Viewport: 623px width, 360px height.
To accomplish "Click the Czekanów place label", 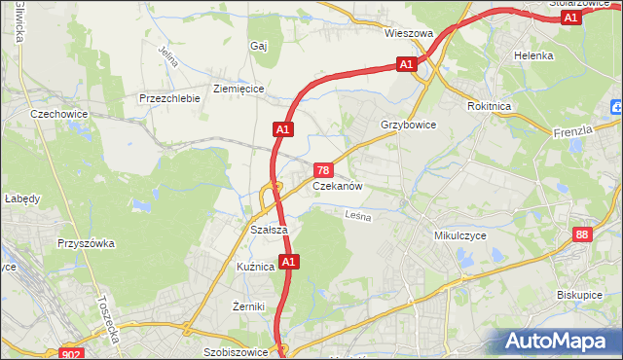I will pyautogui.click(x=338, y=186).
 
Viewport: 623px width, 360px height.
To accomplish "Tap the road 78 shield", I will pyautogui.click(x=328, y=169).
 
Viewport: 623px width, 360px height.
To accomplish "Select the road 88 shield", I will pyautogui.click(x=582, y=234).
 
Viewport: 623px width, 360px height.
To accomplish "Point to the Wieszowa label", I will pyautogui.click(x=408, y=33).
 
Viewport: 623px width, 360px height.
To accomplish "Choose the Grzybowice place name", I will pyautogui.click(x=408, y=126).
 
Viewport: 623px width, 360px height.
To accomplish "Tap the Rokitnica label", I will pyautogui.click(x=489, y=106).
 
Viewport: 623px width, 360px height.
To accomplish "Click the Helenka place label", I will pyautogui.click(x=533, y=55).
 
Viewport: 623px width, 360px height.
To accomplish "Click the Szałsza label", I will pyautogui.click(x=268, y=230).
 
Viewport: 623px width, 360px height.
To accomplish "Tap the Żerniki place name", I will pyautogui.click(x=249, y=306).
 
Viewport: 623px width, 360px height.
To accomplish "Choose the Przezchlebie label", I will pyautogui.click(x=169, y=98).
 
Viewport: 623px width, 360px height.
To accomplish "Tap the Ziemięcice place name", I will pyautogui.click(x=238, y=88).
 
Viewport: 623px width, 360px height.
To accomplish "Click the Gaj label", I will pyautogui.click(x=258, y=46).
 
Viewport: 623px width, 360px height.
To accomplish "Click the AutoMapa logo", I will pyautogui.click(x=560, y=341).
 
